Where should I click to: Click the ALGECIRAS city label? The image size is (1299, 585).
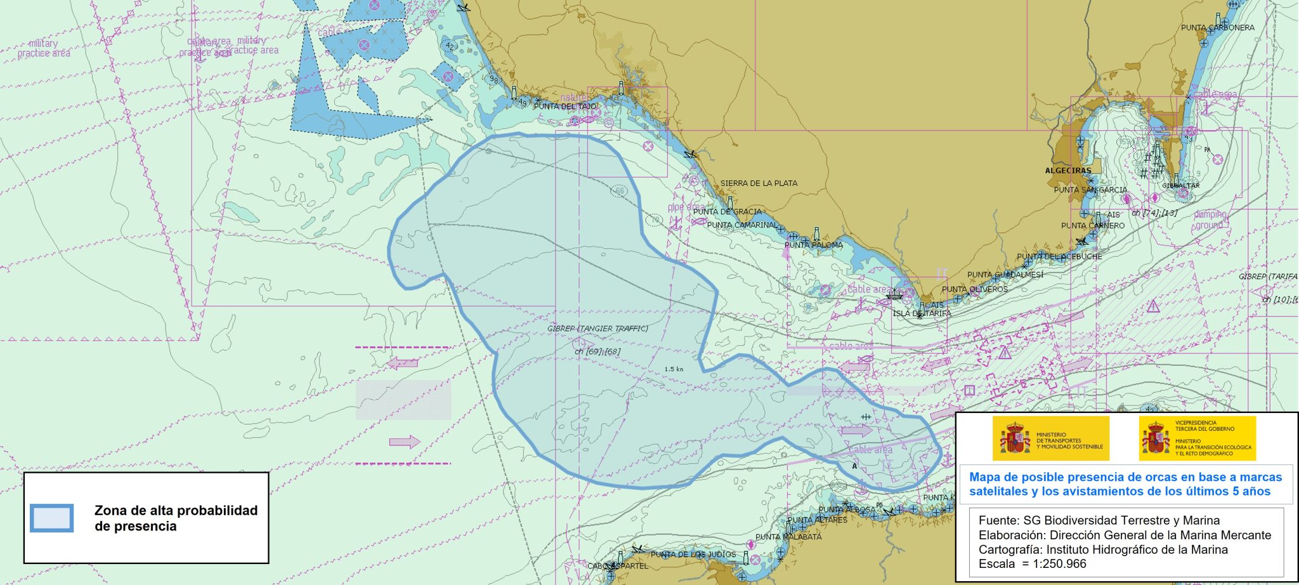(x=1068, y=171)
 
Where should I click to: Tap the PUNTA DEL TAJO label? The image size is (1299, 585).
(x=565, y=107)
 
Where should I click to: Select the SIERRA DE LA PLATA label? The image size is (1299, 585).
(x=759, y=183)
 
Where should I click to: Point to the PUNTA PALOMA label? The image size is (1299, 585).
(x=814, y=245)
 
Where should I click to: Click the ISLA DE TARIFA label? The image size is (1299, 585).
(x=922, y=313)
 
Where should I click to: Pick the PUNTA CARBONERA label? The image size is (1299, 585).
(x=1217, y=28)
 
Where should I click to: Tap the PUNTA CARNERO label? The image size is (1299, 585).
(x=1092, y=226)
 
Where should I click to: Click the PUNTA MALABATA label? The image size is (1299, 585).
(x=788, y=537)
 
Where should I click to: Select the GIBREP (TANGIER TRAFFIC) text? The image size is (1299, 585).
(x=597, y=329)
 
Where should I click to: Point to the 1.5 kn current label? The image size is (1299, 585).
(x=674, y=369)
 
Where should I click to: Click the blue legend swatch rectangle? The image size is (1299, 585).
(x=52, y=518)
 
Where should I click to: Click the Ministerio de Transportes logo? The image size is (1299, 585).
(x=1050, y=438)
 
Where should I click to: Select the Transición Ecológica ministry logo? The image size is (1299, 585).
(x=1197, y=438)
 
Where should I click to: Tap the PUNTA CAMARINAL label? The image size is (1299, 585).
(x=741, y=225)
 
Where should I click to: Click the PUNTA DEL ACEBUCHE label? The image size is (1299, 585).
(x=1059, y=257)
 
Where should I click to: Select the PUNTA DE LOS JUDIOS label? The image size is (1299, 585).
(x=693, y=555)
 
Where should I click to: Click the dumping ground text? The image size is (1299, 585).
(x=1210, y=220)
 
